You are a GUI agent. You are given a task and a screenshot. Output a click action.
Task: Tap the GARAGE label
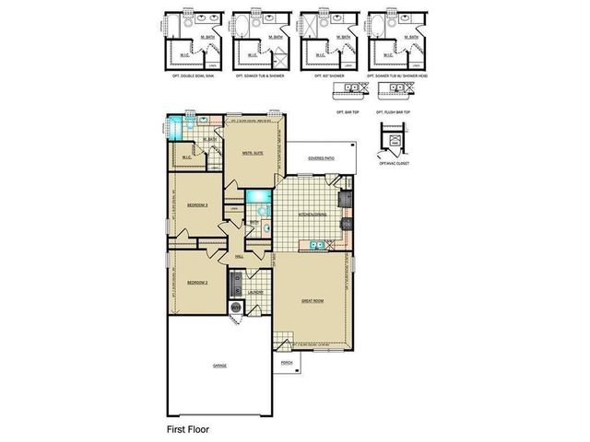[220, 366]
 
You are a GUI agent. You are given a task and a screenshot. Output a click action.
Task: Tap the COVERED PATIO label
[321, 157]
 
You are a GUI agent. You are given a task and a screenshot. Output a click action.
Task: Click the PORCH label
[286, 363]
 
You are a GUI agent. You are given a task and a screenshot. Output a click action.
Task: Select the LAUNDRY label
[256, 293]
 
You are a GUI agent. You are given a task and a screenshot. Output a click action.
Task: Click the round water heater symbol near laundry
[235, 307]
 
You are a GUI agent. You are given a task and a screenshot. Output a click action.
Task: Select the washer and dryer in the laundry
[236, 281]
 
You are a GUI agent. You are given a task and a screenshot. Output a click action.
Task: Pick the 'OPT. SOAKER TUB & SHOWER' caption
[254, 76]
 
